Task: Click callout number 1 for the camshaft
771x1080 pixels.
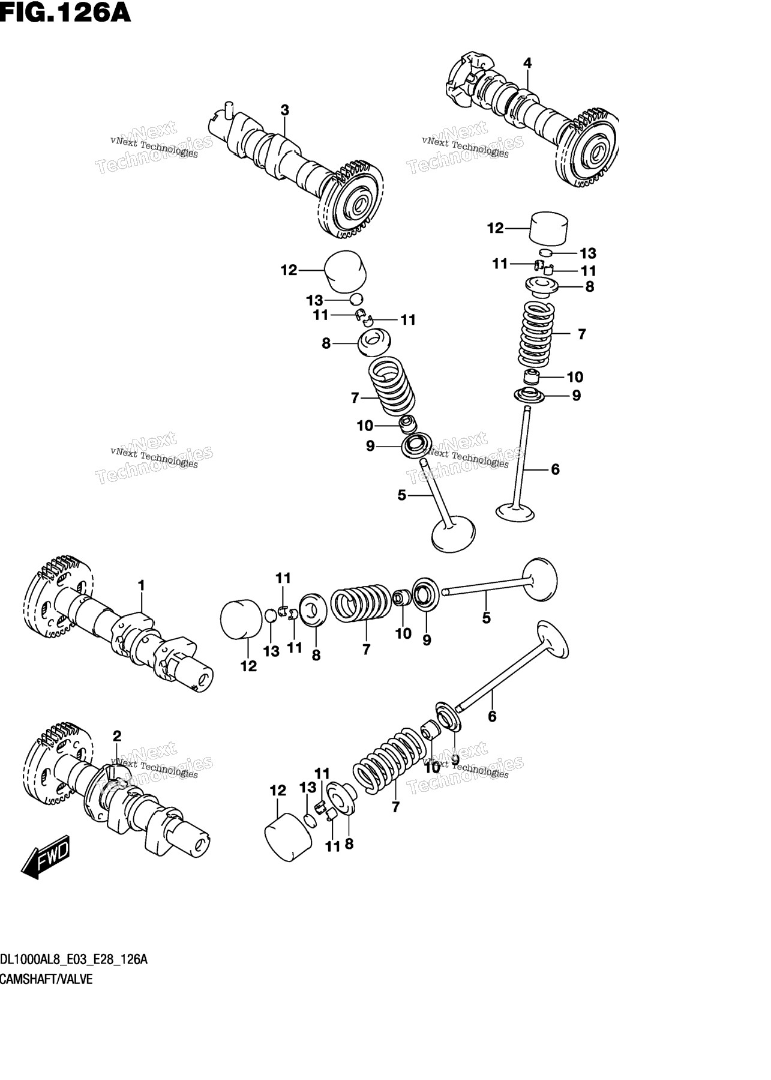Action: (x=141, y=585)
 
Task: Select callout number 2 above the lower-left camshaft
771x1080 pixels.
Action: (x=117, y=736)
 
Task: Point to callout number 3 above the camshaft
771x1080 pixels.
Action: (x=284, y=110)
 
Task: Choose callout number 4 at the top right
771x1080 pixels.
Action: (x=527, y=63)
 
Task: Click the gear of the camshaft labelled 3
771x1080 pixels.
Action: (x=347, y=201)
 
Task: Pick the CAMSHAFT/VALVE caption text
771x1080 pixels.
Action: (x=46, y=979)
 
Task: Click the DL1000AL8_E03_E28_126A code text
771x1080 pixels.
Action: (x=74, y=959)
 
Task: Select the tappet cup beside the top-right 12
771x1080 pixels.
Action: (x=550, y=229)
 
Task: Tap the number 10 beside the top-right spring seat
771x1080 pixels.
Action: (x=575, y=377)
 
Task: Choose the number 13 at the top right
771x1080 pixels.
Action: (x=588, y=253)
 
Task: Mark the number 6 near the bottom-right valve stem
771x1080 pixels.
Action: (x=492, y=716)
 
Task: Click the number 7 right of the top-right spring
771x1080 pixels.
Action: (x=581, y=334)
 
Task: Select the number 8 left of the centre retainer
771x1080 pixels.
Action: (x=326, y=343)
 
